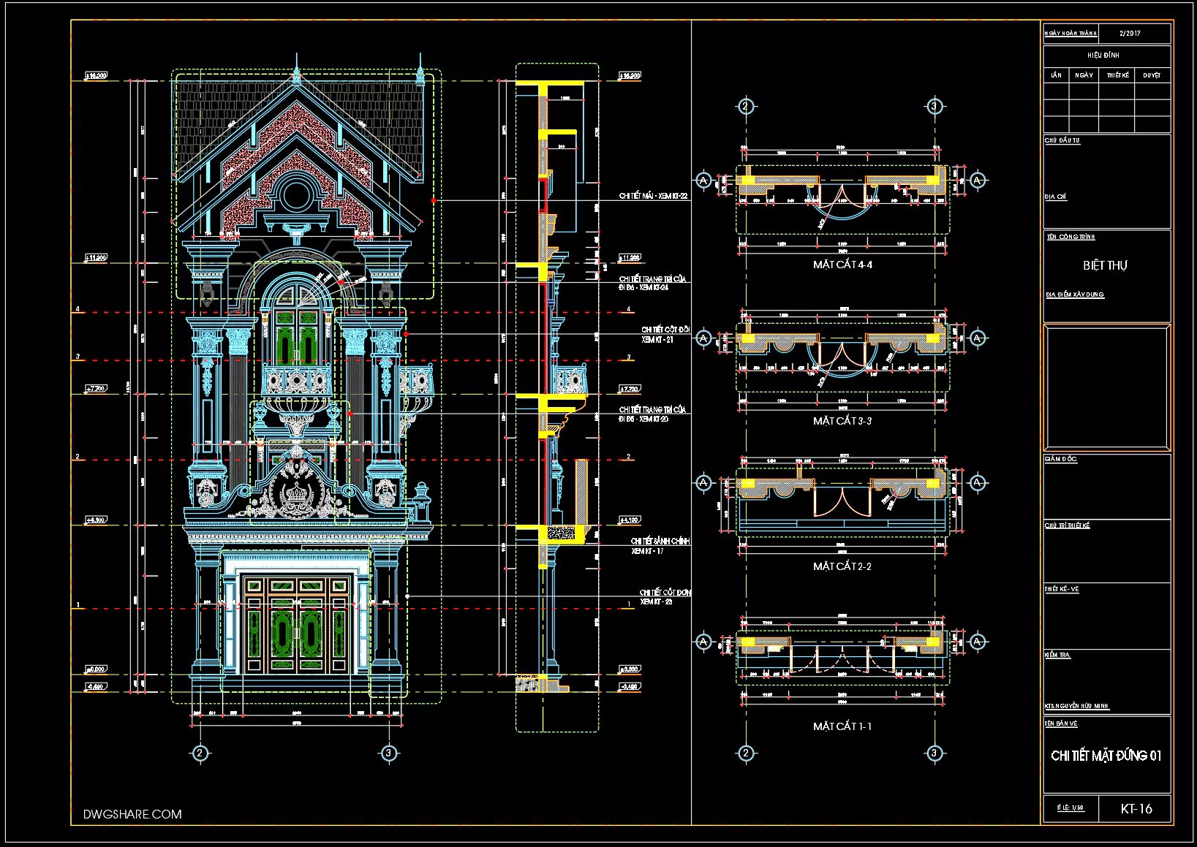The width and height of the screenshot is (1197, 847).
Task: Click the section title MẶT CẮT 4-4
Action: (842, 265)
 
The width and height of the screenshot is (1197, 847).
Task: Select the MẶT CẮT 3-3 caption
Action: (842, 421)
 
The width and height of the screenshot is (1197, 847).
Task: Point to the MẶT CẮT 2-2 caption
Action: (842, 566)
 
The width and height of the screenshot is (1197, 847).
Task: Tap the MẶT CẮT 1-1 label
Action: (842, 726)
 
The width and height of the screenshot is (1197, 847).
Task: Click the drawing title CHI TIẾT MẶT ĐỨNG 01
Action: (1106, 756)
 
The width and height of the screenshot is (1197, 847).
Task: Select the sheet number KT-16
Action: (1136, 808)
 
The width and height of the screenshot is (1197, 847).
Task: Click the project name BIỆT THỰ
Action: (1105, 265)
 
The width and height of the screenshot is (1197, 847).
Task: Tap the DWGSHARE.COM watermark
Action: (132, 814)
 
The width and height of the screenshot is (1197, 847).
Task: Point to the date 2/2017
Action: (1130, 34)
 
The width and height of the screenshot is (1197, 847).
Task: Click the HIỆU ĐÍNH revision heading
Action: (1103, 55)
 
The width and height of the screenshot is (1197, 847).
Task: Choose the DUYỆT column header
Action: (1152, 75)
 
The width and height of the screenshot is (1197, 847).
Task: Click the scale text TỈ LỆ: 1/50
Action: (1070, 808)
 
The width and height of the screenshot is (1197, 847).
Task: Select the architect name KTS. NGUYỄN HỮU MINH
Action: (1076, 707)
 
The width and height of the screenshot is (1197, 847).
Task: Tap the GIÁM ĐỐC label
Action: (1060, 460)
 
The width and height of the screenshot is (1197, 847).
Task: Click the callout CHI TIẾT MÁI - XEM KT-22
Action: (653, 196)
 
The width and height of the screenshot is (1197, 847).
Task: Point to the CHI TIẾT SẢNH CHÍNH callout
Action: (660, 542)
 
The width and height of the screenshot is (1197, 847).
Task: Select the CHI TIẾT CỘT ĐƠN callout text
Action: (665, 593)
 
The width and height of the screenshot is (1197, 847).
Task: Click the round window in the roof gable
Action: (296, 195)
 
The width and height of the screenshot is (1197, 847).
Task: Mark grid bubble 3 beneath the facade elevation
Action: (389, 753)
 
